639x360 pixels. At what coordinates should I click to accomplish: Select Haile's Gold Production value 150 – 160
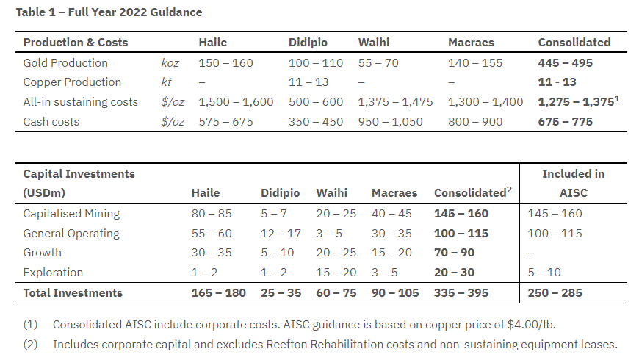(x=225, y=63)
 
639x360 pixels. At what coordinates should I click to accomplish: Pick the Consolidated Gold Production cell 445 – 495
(x=565, y=63)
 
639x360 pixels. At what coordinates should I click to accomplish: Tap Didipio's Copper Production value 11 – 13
(x=308, y=82)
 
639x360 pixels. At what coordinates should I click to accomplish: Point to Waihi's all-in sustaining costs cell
(x=395, y=102)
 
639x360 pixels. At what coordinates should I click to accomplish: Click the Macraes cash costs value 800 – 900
(x=475, y=122)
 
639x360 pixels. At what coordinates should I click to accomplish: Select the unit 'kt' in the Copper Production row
(x=167, y=82)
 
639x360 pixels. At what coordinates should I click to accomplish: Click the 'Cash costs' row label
(x=51, y=122)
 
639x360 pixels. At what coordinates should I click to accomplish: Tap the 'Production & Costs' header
(x=76, y=43)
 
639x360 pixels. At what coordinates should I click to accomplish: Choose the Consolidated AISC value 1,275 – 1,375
(x=574, y=102)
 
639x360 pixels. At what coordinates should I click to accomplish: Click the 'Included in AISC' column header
(x=573, y=183)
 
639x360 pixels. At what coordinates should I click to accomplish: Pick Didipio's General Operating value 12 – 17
(x=281, y=234)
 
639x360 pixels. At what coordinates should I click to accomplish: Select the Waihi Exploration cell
(x=336, y=273)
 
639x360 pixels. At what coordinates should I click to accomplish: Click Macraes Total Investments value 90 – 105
(x=395, y=293)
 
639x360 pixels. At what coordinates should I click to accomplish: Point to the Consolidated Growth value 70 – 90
(x=454, y=253)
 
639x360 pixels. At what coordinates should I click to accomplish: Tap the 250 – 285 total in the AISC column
(x=555, y=293)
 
